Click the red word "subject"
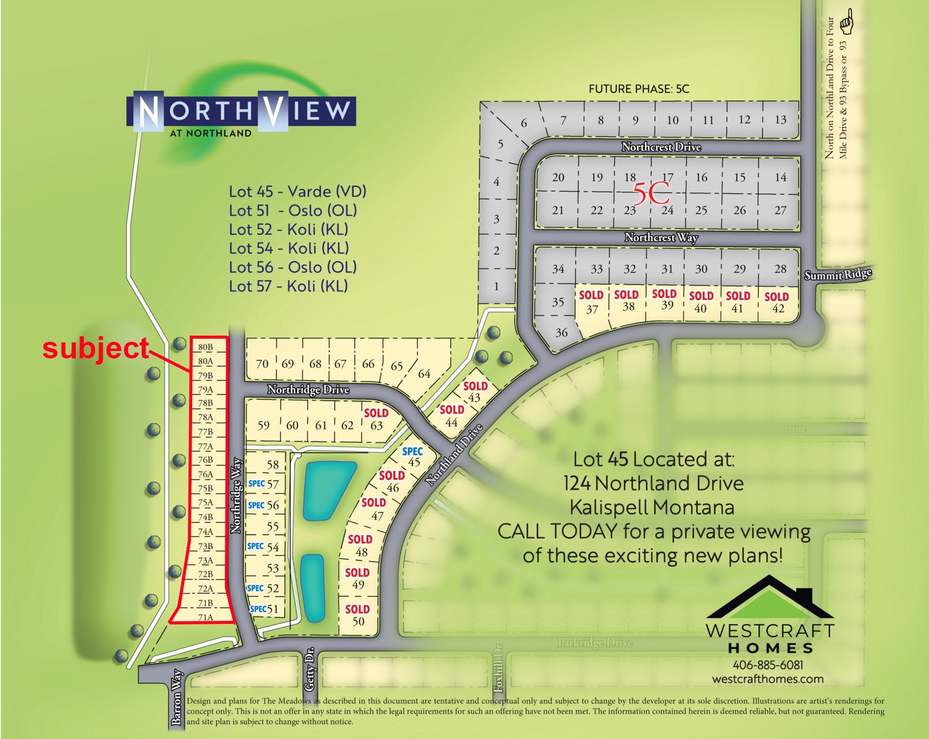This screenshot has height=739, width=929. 95,349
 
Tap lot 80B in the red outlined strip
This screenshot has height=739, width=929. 205,347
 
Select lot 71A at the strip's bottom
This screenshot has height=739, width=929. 205,617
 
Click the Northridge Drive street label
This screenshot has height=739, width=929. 308,390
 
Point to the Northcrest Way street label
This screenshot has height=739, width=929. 661,238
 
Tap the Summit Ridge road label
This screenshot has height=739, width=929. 838,275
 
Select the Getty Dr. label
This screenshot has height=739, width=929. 310,668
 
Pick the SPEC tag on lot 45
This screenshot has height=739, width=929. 412,451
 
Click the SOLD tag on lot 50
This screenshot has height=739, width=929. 357,609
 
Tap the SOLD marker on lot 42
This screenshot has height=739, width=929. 777,297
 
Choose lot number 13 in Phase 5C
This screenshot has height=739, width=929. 781,120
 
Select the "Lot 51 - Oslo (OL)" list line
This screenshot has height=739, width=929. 293,211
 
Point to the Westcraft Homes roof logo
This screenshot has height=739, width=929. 769,597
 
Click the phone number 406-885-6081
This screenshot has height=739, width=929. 768,665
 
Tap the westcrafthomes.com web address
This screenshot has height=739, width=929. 768,679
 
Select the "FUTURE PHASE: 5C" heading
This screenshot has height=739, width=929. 639,89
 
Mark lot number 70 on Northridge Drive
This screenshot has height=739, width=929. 262,364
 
